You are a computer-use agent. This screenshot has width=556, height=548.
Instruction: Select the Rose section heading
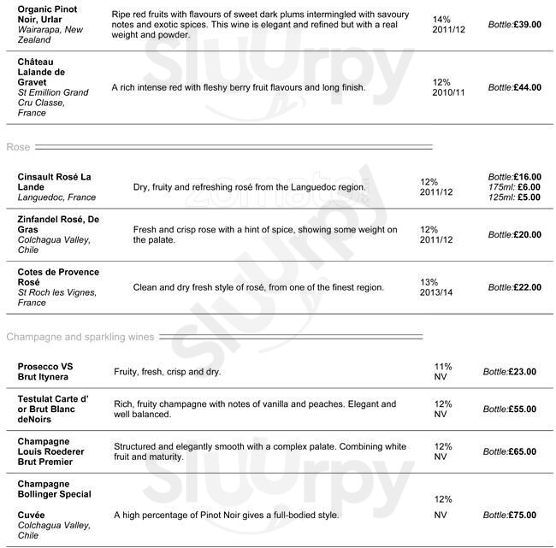pos(18,147)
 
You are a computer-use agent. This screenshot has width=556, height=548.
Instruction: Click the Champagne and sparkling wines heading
pos(80,337)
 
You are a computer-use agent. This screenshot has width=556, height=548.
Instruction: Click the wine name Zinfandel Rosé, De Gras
pos(58,225)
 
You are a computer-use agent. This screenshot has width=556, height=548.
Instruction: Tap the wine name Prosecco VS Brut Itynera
pos(45,372)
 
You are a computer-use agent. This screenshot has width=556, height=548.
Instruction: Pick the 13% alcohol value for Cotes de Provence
pos(429,282)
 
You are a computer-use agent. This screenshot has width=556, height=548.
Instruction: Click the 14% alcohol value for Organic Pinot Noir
pos(441,19)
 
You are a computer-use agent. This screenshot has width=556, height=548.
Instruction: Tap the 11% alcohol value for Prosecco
pos(443,366)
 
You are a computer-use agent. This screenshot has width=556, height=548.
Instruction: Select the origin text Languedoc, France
pos(56,197)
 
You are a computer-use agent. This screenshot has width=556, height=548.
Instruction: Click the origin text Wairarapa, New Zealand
pos(50,34)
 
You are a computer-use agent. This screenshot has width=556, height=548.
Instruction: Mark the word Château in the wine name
pos(37,62)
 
